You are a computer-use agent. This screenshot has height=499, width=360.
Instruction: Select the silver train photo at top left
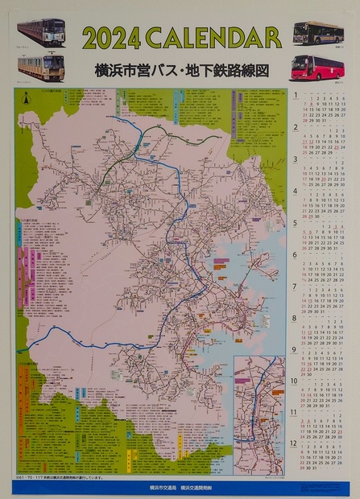(43, 31)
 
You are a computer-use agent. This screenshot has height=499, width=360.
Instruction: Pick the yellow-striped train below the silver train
(42, 63)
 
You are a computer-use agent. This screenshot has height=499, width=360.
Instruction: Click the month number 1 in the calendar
(296, 95)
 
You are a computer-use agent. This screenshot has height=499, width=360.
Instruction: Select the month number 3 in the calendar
(296, 159)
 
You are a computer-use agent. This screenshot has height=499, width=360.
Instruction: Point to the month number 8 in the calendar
(296, 318)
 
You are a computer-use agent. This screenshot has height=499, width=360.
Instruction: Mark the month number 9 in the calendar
(296, 349)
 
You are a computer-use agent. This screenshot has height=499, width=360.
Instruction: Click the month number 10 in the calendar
(295, 381)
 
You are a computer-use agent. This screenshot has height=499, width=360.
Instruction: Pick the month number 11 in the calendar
(295, 412)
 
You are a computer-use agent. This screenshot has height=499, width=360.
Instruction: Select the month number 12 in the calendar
(295, 443)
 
